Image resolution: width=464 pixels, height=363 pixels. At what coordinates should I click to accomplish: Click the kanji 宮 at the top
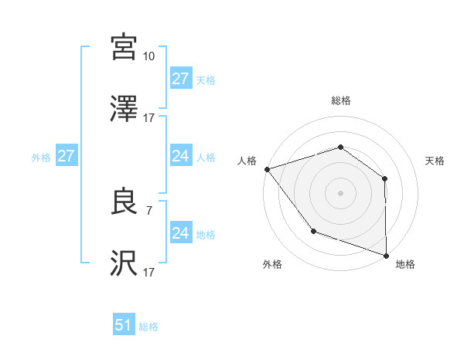(124, 47)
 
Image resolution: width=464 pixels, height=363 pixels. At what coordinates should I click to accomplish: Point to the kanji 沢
(124, 263)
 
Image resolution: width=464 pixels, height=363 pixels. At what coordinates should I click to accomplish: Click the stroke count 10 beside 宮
(149, 56)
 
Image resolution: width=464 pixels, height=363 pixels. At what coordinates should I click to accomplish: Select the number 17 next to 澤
(149, 118)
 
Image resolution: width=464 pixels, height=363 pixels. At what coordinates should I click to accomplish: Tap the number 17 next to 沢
(149, 272)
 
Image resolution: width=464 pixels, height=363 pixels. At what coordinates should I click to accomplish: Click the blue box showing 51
(124, 325)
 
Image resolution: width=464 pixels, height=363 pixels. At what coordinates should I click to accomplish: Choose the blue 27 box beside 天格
(181, 79)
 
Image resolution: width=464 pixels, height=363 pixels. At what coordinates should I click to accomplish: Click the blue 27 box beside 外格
(67, 156)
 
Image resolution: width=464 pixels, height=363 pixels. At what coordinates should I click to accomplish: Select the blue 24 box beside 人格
(181, 156)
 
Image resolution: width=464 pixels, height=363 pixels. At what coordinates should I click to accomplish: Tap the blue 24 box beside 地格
(181, 233)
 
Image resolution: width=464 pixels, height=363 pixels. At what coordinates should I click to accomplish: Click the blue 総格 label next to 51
(148, 327)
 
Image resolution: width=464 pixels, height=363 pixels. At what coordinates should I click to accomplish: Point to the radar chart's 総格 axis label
(341, 101)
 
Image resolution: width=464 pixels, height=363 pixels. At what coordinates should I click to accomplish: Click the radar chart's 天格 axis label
(435, 161)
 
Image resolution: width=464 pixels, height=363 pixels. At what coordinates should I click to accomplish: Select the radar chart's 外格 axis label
(272, 264)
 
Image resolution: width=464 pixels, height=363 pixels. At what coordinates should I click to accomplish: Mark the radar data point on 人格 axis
(267, 168)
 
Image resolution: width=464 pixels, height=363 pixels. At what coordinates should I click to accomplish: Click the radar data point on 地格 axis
(386, 255)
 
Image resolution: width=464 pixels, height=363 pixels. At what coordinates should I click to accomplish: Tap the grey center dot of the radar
(341, 192)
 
